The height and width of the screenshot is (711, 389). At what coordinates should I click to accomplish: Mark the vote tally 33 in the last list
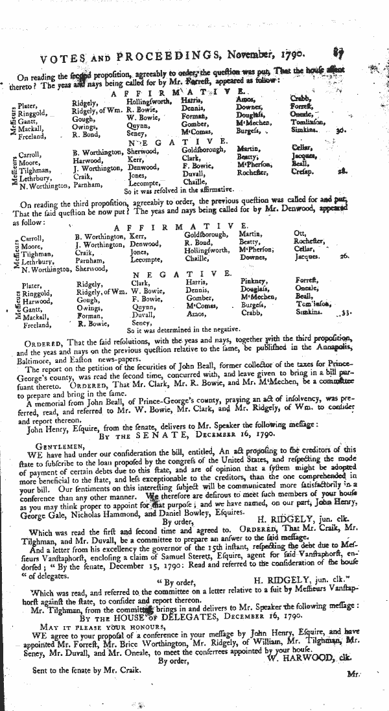pyautogui.click(x=347, y=312)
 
